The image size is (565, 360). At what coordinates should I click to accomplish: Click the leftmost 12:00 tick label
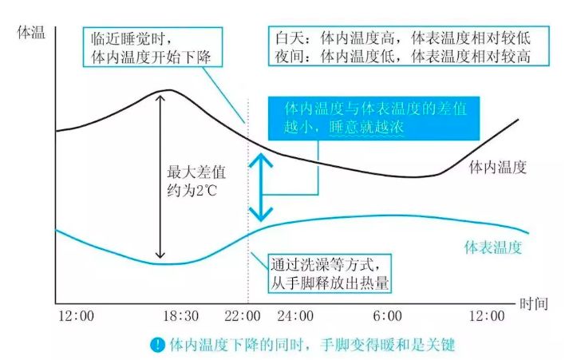[77, 316]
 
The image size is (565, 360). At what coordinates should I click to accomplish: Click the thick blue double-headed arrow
[258, 187]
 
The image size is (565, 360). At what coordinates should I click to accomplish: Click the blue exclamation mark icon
[158, 345]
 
